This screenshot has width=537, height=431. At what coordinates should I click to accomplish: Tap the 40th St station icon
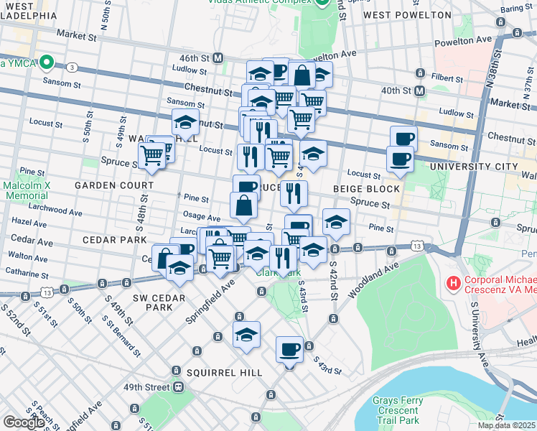(420, 91)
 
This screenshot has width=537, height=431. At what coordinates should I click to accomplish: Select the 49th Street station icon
(178, 386)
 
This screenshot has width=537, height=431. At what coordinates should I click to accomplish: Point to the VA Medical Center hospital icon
(454, 284)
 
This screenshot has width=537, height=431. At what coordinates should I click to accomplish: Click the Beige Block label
(366, 189)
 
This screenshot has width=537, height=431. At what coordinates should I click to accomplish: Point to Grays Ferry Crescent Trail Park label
(406, 410)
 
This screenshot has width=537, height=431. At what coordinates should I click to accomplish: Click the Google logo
(24, 422)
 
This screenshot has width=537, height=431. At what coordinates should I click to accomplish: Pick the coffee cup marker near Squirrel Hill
(289, 349)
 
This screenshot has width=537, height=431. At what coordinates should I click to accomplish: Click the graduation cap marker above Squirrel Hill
(246, 334)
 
